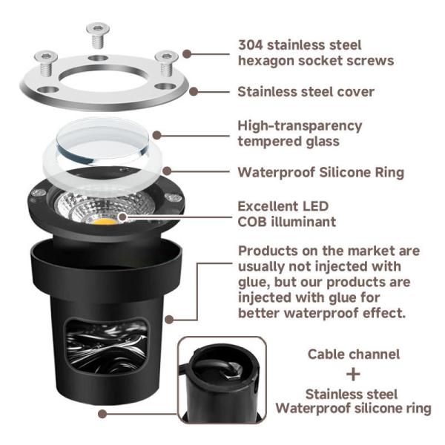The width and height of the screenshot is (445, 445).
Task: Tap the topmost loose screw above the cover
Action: point(98,35)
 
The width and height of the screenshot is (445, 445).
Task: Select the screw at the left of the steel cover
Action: point(46,63)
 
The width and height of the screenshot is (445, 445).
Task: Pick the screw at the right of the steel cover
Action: point(167,63)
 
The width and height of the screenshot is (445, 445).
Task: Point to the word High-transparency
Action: point(300,126)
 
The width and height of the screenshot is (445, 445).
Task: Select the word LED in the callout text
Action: point(315,206)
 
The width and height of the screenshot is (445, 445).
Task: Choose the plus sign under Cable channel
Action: point(353,375)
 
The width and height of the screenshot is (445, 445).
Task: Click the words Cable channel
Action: point(354,355)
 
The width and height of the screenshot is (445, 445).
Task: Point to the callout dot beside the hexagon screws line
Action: point(187,54)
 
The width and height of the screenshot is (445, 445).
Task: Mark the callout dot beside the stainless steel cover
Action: point(194,92)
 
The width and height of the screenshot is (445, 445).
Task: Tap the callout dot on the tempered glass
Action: point(157,136)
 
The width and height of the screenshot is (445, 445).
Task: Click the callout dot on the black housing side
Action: point(169,320)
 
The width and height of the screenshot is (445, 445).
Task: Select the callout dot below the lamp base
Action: point(102,414)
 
